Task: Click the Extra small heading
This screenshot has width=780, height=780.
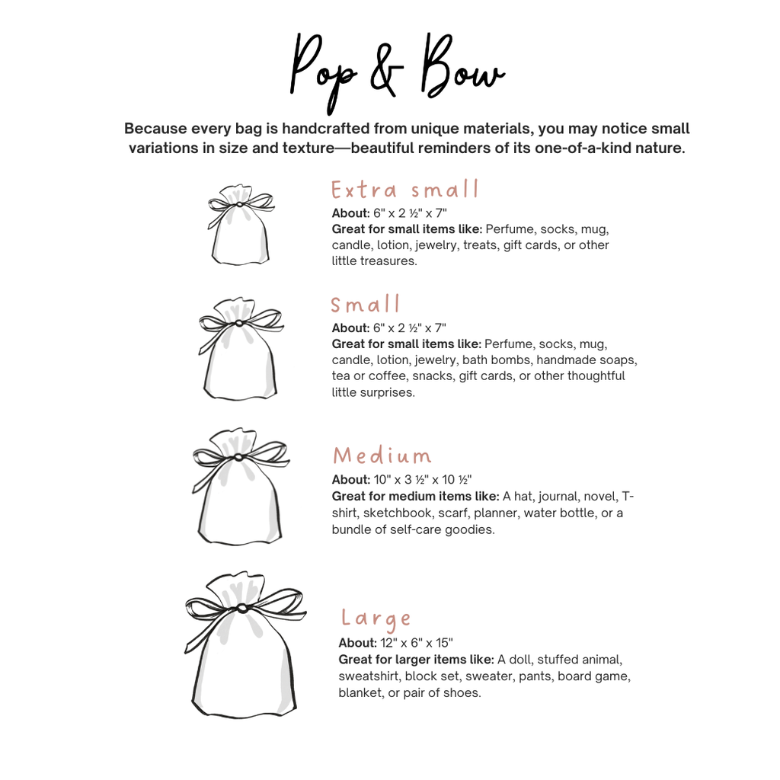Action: click(x=405, y=190)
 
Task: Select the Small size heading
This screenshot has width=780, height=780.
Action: click(x=365, y=304)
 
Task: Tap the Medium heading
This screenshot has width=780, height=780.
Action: click(x=382, y=456)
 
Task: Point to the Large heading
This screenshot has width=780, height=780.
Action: click(x=376, y=619)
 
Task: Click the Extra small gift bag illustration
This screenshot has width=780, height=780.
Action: click(x=241, y=225)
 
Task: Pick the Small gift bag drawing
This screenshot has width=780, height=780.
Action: click(x=241, y=349)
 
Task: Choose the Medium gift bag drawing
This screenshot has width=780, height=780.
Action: click(x=241, y=487)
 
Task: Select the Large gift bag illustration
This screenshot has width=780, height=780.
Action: click(x=245, y=645)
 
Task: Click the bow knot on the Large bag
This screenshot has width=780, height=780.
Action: click(x=242, y=608)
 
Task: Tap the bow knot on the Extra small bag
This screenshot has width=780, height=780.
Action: click(x=239, y=204)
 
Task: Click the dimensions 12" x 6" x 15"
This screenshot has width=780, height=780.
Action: click(x=417, y=643)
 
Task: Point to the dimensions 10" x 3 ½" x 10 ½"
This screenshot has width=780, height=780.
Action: click(x=422, y=480)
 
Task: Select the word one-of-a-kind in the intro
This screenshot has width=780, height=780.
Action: click(x=591, y=148)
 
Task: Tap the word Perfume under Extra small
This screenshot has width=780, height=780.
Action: click(x=510, y=229)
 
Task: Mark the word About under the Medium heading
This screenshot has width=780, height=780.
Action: click(x=351, y=480)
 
